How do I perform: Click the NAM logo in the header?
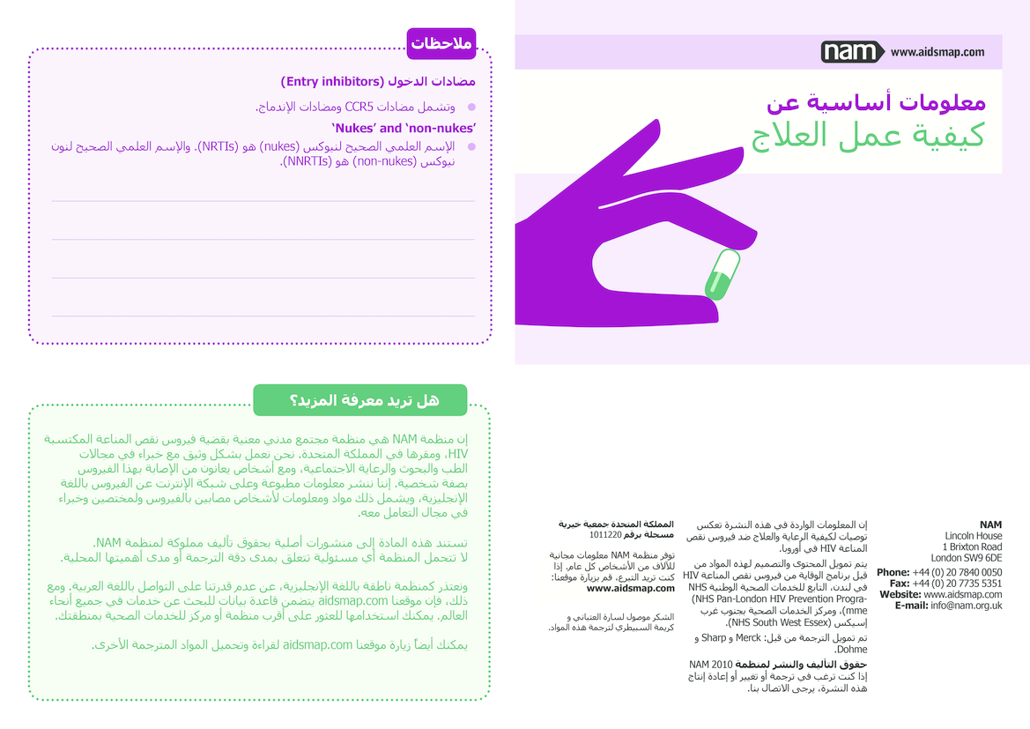(x=851, y=52)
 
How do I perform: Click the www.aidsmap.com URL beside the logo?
(x=937, y=52)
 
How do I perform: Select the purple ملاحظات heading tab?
(x=441, y=43)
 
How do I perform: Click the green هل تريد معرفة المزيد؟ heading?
(x=359, y=400)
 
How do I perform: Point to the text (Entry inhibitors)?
(x=333, y=82)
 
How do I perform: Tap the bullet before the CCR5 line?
(x=471, y=107)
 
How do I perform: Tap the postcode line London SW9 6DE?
(x=967, y=558)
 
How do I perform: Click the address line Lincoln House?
(x=973, y=536)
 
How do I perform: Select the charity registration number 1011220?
(x=605, y=534)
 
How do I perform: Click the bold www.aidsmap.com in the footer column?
(x=630, y=588)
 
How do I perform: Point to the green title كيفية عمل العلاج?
(x=867, y=135)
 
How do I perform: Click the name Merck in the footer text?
(x=748, y=637)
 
